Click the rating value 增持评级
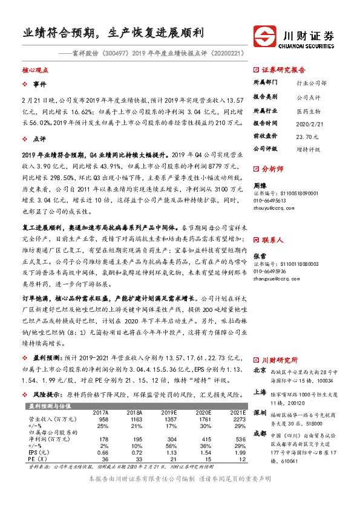(308, 148)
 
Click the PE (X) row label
(38, 459)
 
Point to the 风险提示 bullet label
(45, 393)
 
